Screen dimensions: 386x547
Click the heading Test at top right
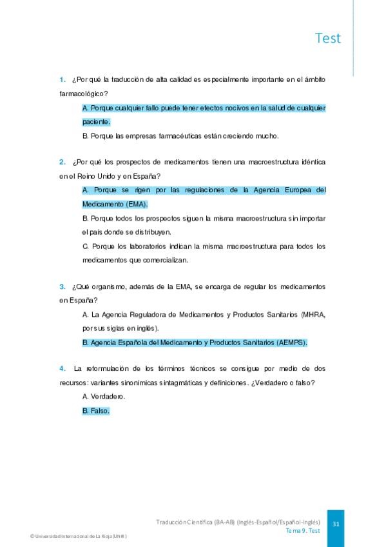328,38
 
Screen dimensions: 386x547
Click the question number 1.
62,79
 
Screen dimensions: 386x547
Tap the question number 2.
62,161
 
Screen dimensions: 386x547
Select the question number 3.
62,286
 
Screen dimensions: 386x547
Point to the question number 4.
62,368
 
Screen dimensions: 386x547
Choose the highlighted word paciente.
96,121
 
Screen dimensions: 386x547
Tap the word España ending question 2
146,175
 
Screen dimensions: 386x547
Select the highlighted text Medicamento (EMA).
115,204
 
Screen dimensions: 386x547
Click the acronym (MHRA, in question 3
313,314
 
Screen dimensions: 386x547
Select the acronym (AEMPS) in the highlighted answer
291,343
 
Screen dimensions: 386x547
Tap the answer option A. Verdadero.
104,396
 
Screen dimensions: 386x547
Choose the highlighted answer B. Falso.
96,410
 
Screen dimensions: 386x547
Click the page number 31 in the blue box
336,524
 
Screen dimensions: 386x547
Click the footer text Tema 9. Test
303,530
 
